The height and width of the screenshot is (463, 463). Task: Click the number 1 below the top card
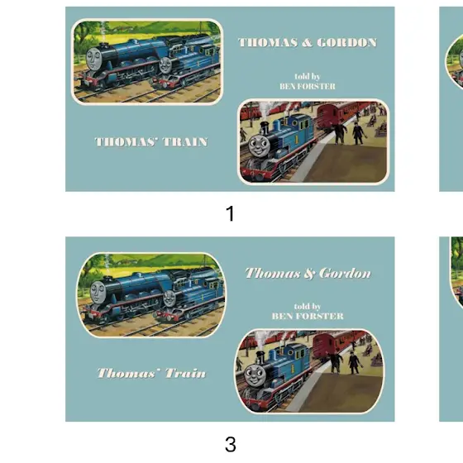point(230,213)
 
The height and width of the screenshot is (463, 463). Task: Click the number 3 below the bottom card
point(231,444)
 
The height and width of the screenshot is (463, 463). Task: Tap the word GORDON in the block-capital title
point(347,42)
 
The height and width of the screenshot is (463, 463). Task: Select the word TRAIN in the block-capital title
point(185,142)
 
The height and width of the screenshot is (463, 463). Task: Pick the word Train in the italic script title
point(185,373)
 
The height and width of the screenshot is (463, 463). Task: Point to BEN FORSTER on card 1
point(308,86)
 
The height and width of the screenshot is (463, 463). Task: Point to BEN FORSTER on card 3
point(308,316)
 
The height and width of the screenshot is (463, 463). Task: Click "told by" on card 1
point(308,76)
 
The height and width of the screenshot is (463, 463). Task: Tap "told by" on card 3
point(308,306)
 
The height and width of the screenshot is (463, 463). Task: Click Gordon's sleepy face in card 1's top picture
point(94,59)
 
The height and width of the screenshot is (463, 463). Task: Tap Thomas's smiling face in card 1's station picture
point(258,145)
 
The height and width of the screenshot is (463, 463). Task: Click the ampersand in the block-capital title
point(307,43)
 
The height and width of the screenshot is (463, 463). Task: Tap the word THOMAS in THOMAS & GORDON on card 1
point(268,42)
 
